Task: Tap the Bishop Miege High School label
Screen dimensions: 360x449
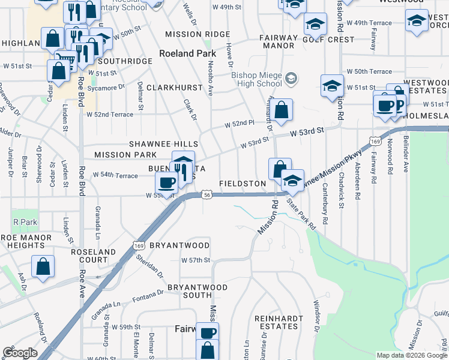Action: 257,79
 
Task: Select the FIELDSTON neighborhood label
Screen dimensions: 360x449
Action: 243,183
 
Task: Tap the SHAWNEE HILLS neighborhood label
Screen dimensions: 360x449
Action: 164,145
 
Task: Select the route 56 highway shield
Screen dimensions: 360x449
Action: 206,195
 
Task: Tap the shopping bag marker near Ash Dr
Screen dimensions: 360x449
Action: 43,268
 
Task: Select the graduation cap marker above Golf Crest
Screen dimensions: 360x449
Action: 315,25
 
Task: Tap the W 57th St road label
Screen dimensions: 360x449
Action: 196,260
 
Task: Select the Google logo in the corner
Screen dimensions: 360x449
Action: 20,353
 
